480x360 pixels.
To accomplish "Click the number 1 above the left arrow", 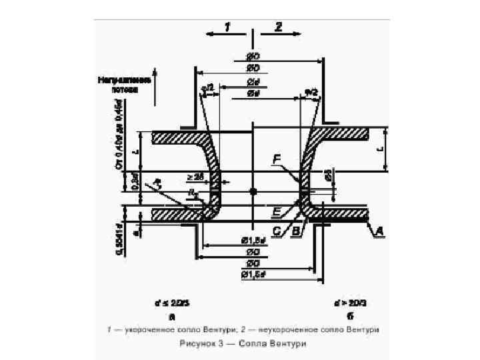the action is point(227,27).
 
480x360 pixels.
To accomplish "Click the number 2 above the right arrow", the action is point(278,27).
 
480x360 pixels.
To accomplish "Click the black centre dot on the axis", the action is point(252,192).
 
